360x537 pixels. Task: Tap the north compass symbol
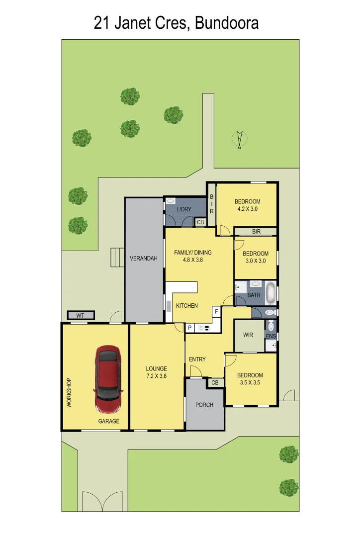240,139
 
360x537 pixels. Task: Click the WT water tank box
81,316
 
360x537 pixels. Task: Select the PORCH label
204,405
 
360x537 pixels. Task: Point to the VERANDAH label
144,259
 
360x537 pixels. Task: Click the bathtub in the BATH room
270,293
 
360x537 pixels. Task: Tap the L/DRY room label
183,209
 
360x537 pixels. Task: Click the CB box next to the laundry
200,222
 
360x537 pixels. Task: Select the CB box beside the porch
215,383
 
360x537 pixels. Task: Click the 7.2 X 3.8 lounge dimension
156,376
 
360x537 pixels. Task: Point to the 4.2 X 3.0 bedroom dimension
247,209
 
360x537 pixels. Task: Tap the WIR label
248,335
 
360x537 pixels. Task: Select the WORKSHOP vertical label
69,393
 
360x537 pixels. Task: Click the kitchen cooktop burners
204,328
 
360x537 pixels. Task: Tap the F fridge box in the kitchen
216,312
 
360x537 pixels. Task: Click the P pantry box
189,328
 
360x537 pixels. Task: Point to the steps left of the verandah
117,257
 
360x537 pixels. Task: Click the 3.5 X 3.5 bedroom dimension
250,383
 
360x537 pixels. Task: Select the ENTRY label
197,359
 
